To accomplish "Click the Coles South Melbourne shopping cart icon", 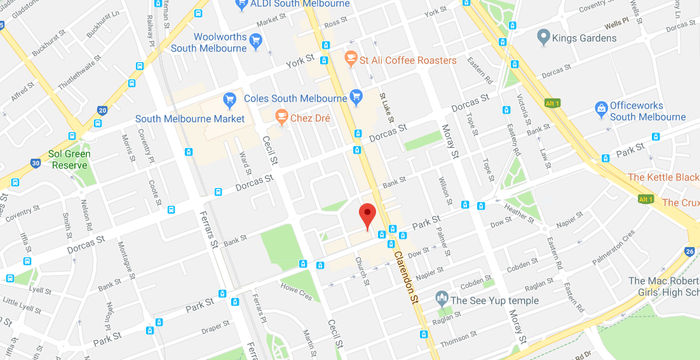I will click(x=356, y=98).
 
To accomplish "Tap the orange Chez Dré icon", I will click(x=282, y=117).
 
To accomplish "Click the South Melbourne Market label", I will click(x=198, y=118).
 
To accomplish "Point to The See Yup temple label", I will click(x=493, y=300).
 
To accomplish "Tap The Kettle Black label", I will click(x=663, y=177).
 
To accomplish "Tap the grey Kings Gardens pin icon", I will click(x=543, y=37).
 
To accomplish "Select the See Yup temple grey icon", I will click(x=441, y=300).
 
